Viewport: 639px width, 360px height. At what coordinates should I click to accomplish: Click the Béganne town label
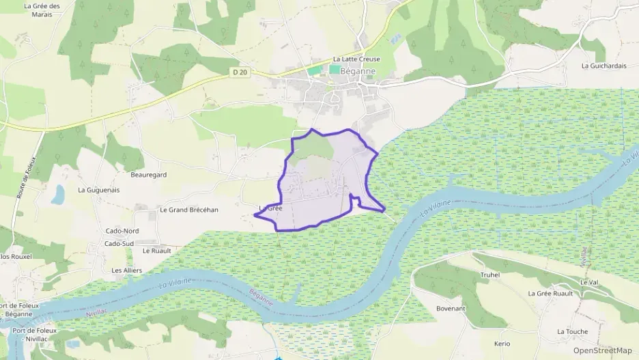click(x=356, y=70)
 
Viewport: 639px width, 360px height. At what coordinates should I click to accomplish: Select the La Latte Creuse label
click(x=356, y=59)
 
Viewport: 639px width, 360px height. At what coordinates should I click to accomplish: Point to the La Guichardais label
click(x=603, y=66)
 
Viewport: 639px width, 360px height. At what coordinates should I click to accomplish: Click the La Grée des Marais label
click(x=42, y=10)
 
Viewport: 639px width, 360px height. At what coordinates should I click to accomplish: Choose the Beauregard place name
click(x=149, y=175)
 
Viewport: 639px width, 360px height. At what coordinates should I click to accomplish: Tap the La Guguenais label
click(x=98, y=190)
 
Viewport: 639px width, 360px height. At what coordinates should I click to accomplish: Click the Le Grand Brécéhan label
click(x=188, y=210)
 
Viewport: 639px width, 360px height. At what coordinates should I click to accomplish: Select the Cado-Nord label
click(x=122, y=231)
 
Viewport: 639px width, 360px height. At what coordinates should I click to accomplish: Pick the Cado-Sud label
click(x=119, y=243)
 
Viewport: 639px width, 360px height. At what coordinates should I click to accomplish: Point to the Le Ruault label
click(x=156, y=251)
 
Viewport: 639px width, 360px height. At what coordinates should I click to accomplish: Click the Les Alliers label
click(x=126, y=271)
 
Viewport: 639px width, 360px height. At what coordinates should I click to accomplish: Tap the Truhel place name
click(x=490, y=275)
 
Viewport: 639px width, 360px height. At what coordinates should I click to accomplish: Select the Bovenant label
click(x=451, y=309)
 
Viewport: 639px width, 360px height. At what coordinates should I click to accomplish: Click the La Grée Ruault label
click(x=550, y=293)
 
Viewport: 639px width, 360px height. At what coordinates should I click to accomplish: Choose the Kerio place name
click(x=502, y=343)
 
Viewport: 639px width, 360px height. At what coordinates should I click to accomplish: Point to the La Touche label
click(x=572, y=331)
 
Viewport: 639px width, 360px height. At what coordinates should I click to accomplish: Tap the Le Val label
click(x=588, y=282)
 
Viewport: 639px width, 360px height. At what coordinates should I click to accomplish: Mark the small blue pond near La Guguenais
click(x=58, y=195)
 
